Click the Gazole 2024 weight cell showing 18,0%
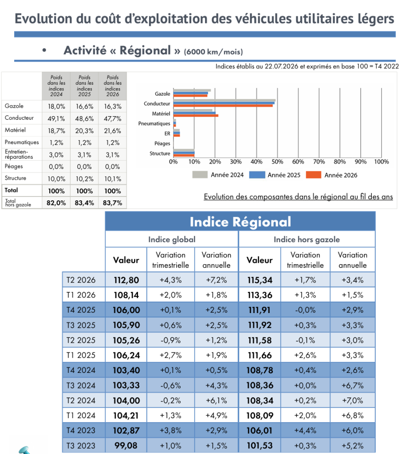[56, 106]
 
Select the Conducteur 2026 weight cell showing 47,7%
[112, 118]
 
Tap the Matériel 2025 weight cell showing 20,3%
[84, 131]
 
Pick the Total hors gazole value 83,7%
[112, 203]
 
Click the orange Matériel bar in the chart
[196, 116]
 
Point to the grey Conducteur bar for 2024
[225, 100]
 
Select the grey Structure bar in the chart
[184, 150]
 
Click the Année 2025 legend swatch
[257, 175]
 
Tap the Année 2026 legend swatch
[313, 175]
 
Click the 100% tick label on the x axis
[381, 161]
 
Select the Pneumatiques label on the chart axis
[154, 124]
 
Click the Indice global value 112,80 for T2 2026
[126, 280]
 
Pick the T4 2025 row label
[81, 310]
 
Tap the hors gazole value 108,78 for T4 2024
[260, 370]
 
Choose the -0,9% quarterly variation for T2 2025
[171, 340]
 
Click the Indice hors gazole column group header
[307, 239]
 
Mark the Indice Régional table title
[240, 222]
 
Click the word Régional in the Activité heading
[145, 51]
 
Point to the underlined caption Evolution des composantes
[298, 196]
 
